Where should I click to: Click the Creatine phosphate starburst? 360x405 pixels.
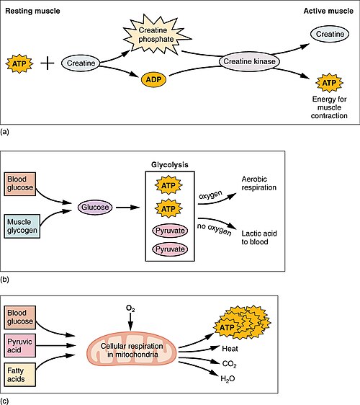(156, 35)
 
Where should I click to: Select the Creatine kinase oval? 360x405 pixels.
(249, 61)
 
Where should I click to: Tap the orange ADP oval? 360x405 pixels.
(153, 79)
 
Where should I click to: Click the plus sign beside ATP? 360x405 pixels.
(48, 63)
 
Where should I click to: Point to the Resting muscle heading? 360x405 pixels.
(32, 11)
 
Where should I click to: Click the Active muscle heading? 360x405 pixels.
(328, 11)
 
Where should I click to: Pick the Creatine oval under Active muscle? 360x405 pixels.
(330, 34)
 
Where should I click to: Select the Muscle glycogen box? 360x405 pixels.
(22, 226)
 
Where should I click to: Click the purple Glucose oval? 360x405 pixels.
(95, 207)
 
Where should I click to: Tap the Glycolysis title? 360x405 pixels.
(170, 165)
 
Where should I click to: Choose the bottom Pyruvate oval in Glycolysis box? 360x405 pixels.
(170, 249)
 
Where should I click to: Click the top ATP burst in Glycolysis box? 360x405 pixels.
(168, 185)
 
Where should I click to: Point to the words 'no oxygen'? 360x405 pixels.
(214, 229)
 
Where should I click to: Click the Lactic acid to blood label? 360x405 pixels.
(259, 238)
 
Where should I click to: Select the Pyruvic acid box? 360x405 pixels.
(20, 346)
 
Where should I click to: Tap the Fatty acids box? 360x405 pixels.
(20, 375)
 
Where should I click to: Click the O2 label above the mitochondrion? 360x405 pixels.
(130, 308)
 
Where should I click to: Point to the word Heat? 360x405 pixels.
(230, 349)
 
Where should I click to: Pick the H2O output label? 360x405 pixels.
(228, 379)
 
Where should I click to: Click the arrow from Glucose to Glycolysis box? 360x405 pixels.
(127, 208)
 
